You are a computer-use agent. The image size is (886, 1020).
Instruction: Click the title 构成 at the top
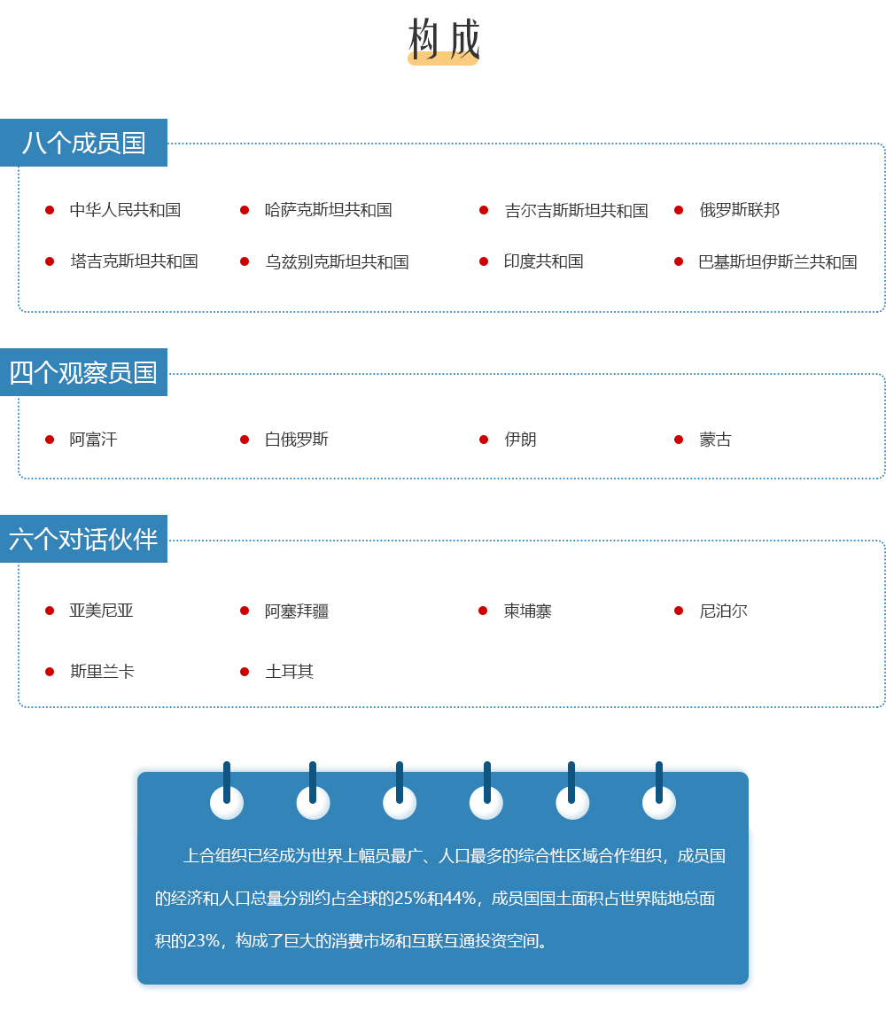[444, 39]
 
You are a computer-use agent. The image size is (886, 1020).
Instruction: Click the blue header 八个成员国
[83, 143]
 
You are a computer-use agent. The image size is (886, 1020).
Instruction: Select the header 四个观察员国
[83, 372]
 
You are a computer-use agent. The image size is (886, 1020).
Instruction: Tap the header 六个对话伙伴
[83, 539]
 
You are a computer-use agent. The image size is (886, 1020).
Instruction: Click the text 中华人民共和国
[125, 209]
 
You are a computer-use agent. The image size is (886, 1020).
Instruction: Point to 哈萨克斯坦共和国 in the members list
[328, 209]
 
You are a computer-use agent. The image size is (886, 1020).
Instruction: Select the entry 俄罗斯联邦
[739, 209]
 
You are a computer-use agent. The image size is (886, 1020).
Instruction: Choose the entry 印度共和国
[543, 261]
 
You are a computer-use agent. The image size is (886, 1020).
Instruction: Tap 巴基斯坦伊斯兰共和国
[777, 261]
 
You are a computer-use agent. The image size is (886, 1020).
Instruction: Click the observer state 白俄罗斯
[296, 439]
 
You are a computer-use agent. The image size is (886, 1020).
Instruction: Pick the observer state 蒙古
[715, 439]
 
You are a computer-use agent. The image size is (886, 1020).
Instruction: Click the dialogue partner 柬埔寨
[527, 611]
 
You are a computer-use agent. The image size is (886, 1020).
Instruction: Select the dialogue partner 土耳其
[289, 672]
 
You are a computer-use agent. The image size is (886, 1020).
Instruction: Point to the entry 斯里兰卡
[102, 672]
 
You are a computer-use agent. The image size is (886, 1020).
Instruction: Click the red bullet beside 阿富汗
[50, 440]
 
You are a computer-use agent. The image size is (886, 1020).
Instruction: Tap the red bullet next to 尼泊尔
[679, 611]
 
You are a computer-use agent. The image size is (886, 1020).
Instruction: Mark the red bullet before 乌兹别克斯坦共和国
[245, 261]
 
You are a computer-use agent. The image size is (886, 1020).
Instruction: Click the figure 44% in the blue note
[459, 899]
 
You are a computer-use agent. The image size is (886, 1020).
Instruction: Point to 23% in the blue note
[202, 940]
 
